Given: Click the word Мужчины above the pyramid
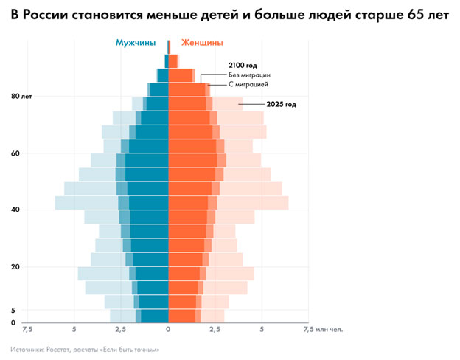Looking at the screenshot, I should coord(137,43).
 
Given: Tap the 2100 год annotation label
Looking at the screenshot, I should coord(243,66).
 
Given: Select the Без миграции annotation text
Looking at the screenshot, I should coord(250,75).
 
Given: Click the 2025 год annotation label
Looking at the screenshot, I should coord(281,105).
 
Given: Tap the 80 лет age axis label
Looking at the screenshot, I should coord(22,97).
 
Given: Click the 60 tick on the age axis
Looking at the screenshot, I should coord(16,153).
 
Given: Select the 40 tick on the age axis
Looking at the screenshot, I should coord(16,210).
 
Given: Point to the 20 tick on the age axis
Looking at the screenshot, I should coord(16,266).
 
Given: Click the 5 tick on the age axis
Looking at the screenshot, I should coord(14,311).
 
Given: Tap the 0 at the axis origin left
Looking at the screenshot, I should coord(14,323).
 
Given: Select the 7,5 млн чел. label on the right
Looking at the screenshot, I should coord(321,330).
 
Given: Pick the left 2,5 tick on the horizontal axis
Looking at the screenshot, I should coord(122,330).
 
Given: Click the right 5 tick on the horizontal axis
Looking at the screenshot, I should coord(262,330).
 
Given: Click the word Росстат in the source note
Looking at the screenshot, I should coord(59,349).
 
